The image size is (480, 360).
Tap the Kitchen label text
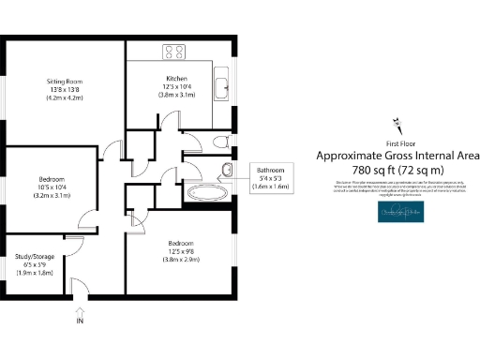pos(177,78)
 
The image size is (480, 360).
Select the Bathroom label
pos(274,170)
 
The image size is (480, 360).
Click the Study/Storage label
pos(34,254)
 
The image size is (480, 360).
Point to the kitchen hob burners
pos(174,52)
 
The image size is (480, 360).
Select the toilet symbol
pos(221,142)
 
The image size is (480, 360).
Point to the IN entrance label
pos(80,322)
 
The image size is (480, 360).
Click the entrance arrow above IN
pos(80,306)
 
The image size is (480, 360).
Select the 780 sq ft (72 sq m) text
pos(397,169)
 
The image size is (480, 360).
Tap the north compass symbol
pos(397,123)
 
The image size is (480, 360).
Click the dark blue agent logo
pos(397,216)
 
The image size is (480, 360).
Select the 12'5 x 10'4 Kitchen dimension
pos(177,86)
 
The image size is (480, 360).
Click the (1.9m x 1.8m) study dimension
pos(34,272)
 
